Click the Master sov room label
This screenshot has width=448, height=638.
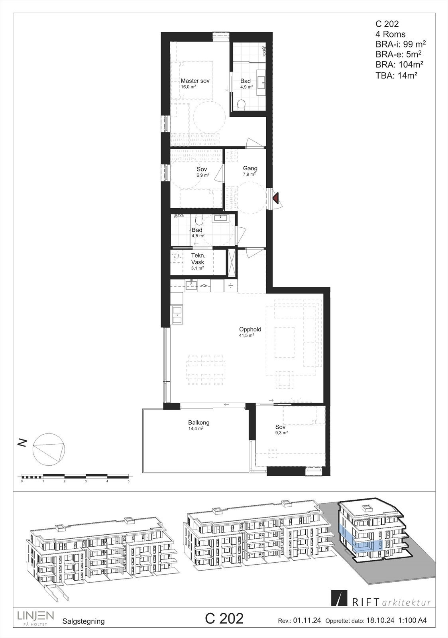point(195,81)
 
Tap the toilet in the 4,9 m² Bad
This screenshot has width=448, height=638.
point(241,104)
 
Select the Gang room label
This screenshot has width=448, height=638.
point(250,169)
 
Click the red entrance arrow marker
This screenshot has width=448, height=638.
point(275,198)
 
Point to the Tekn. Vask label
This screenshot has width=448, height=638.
point(198,260)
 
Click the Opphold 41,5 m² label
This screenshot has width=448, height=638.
point(250,330)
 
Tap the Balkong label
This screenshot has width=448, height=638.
point(198,423)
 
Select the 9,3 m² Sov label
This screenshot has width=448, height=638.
point(280,427)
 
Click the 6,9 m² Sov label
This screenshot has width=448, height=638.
point(202,169)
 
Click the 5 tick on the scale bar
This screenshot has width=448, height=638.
point(128,481)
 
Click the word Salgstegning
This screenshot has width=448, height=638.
point(84,621)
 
